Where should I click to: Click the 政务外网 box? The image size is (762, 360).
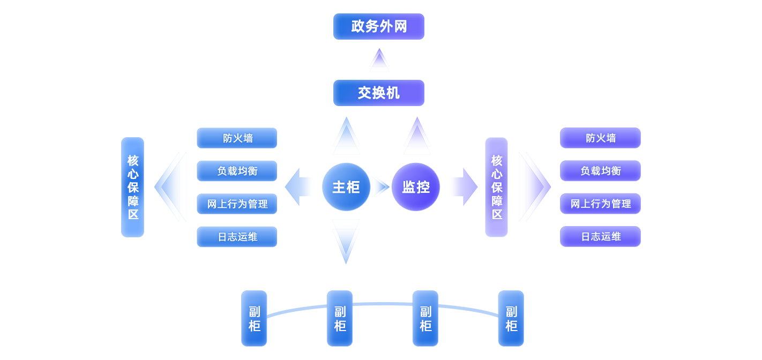(378, 27)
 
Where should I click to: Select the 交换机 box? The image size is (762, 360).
(378, 93)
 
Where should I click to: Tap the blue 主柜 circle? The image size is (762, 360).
(346, 187)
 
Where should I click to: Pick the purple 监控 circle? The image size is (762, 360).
(416, 187)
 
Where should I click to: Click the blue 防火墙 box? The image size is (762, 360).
(237, 138)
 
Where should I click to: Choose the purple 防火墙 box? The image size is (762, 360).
(600, 138)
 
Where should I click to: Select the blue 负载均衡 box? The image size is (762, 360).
(237, 171)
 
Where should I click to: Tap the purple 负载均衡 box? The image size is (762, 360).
(600, 171)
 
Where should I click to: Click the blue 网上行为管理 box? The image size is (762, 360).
(237, 204)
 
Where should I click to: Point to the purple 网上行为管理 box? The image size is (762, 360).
(600, 204)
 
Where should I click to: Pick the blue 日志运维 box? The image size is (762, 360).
(237, 237)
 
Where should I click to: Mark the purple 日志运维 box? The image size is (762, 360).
(600, 236)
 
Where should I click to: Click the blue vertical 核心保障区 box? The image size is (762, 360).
(132, 187)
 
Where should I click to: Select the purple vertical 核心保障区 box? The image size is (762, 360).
(496, 187)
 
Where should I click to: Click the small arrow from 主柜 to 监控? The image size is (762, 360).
(382, 187)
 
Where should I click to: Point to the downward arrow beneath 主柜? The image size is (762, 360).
(346, 241)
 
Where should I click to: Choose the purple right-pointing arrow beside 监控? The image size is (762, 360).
(465, 187)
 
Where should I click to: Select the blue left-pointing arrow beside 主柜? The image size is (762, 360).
(298, 187)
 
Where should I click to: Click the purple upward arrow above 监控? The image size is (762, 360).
(417, 136)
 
